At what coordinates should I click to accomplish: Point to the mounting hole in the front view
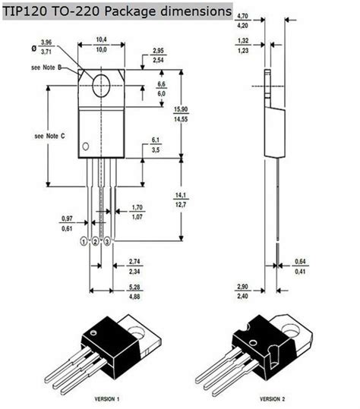(x=102, y=86)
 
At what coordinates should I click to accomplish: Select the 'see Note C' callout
(x=49, y=136)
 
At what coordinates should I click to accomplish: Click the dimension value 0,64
(x=302, y=263)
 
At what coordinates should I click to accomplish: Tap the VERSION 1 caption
(x=106, y=398)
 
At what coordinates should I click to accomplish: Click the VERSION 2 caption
(x=272, y=398)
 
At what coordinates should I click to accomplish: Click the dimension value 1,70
(x=137, y=206)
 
